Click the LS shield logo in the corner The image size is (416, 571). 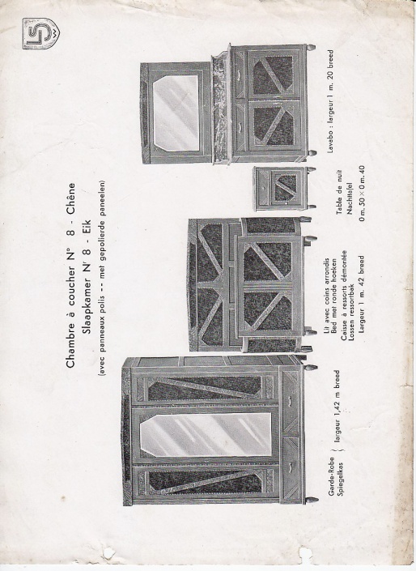tap(41, 33)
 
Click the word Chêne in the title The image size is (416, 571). tap(70, 198)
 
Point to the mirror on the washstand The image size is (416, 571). tap(176, 113)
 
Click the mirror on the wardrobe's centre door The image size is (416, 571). tap(206, 434)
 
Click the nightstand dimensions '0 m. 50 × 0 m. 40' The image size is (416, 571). tap(361, 194)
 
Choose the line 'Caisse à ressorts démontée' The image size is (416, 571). tap(344, 296)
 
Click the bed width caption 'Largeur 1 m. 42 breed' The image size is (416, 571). tap(361, 294)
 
